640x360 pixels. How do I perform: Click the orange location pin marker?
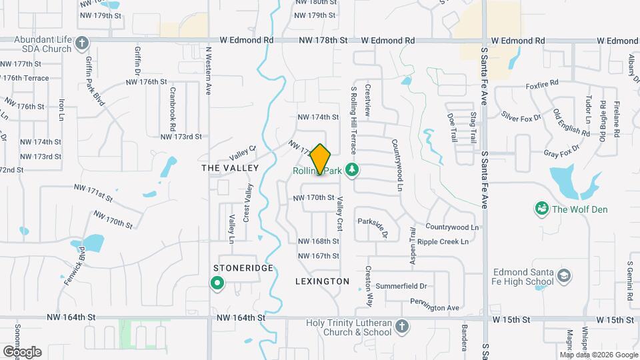click(x=320, y=159)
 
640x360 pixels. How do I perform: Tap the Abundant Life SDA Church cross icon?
click(x=81, y=44)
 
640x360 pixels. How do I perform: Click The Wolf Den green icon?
click(x=541, y=209)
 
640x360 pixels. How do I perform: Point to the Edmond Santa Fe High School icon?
click(x=564, y=276)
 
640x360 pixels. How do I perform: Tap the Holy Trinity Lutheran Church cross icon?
click(x=401, y=327)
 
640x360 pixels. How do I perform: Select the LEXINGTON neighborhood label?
click(x=322, y=281)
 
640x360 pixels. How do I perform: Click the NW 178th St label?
click(x=325, y=40)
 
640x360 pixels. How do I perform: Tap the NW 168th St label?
click(x=318, y=241)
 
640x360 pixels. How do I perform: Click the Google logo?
click(x=22, y=351)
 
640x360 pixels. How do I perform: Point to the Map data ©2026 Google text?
click(x=599, y=354)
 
